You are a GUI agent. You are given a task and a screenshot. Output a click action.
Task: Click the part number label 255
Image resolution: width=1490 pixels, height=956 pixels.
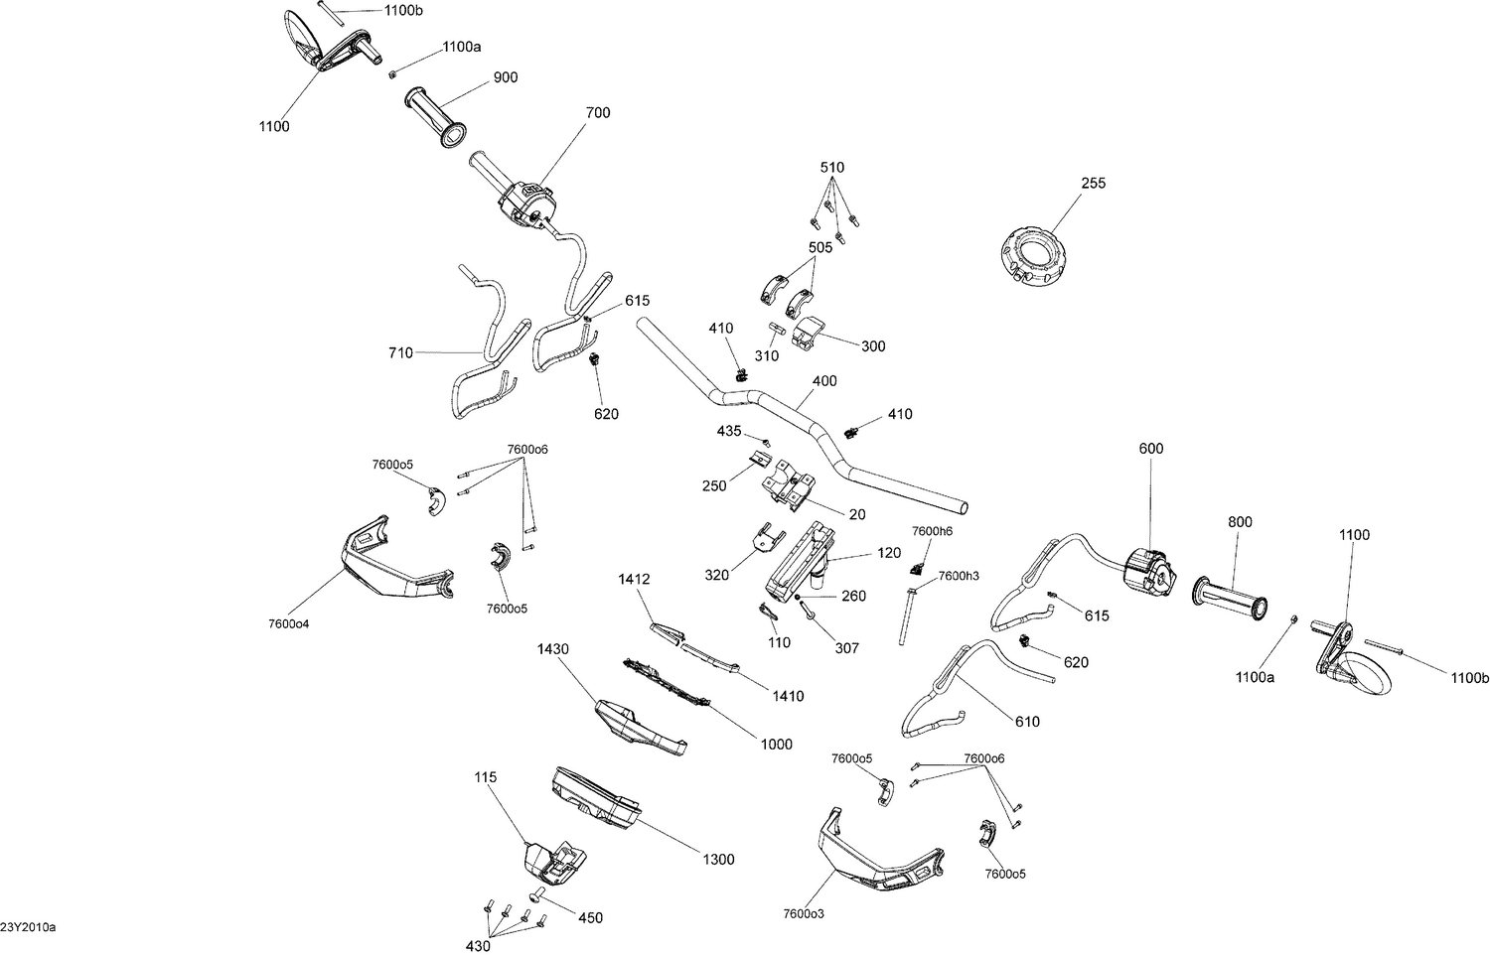click(1094, 184)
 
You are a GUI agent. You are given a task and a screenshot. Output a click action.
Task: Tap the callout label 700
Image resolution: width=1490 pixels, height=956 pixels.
click(598, 113)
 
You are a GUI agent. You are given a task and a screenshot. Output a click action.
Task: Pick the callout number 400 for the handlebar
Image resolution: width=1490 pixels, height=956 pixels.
click(824, 381)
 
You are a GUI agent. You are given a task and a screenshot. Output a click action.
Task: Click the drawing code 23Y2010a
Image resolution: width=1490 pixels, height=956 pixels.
click(29, 927)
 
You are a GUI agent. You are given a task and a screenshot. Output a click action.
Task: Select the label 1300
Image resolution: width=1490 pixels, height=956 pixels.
click(718, 860)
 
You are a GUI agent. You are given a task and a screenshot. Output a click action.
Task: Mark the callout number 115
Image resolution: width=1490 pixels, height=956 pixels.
click(486, 777)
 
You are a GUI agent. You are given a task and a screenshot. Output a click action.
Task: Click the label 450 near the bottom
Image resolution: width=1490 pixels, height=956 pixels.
click(590, 918)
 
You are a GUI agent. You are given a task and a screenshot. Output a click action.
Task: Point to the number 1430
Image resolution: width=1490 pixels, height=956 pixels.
click(553, 649)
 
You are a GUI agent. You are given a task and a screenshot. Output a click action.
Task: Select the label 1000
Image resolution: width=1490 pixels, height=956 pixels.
click(777, 744)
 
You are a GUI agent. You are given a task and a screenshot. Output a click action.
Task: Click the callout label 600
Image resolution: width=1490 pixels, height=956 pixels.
click(1151, 449)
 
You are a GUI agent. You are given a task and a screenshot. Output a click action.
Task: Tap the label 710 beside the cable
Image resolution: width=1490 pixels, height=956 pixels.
click(401, 352)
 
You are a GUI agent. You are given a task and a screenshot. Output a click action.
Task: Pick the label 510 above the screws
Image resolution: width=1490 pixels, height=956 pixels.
click(832, 168)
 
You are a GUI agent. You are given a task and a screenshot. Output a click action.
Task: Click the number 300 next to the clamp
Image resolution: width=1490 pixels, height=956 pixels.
click(873, 346)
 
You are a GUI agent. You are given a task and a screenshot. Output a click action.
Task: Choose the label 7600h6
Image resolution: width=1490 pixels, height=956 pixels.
click(932, 531)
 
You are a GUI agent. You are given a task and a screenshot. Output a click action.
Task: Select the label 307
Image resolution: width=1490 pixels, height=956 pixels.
click(846, 648)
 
